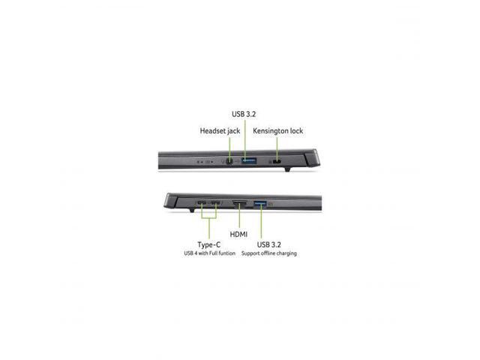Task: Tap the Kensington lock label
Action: pyautogui.click(x=278, y=131)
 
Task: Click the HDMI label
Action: pyautogui.click(x=239, y=235)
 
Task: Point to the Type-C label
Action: pyautogui.click(x=208, y=244)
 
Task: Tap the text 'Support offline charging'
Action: pyautogui.click(x=268, y=254)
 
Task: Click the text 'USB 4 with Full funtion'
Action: pyautogui.click(x=209, y=254)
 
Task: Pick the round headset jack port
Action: pyautogui.click(x=226, y=160)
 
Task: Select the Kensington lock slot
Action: pyautogui.click(x=277, y=160)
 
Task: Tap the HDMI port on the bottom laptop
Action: pyautogui.click(x=238, y=203)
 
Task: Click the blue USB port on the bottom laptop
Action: pyautogui.click(x=261, y=203)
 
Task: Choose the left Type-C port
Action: pyautogui.click(x=202, y=203)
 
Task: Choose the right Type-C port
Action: pyautogui.click(x=216, y=203)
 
